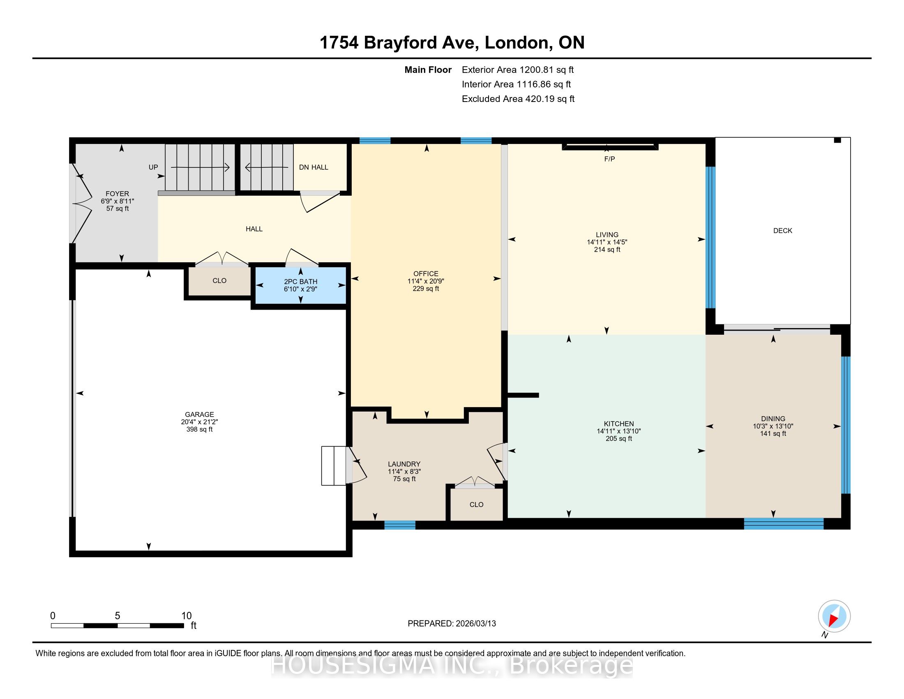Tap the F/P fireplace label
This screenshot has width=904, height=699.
[x=609, y=159]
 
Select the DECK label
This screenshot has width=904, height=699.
[x=783, y=231]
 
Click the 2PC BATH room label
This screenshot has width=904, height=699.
[x=300, y=282]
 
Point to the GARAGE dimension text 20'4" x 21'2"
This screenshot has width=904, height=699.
[x=200, y=422]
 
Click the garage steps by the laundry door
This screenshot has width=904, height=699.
[x=334, y=465]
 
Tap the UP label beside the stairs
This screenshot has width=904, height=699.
[x=153, y=167]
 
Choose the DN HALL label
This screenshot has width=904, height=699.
[x=314, y=167]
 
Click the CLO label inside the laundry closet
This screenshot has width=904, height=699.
[x=476, y=505]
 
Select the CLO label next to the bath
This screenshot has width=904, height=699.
[x=219, y=280]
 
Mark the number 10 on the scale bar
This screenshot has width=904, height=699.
[x=186, y=616]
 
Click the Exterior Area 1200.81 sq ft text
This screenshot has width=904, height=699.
[x=518, y=69]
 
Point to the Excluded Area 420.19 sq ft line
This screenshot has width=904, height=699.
[x=518, y=99]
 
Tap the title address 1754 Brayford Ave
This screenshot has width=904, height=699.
[x=399, y=42]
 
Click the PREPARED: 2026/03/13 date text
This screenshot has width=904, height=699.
[x=452, y=623]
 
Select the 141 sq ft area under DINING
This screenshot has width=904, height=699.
[x=773, y=433]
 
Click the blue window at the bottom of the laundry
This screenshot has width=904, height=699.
[x=399, y=525]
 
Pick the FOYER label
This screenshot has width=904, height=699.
[x=117, y=194]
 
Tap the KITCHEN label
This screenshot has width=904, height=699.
[x=619, y=424]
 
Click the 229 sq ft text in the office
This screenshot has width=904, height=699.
[x=426, y=289]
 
